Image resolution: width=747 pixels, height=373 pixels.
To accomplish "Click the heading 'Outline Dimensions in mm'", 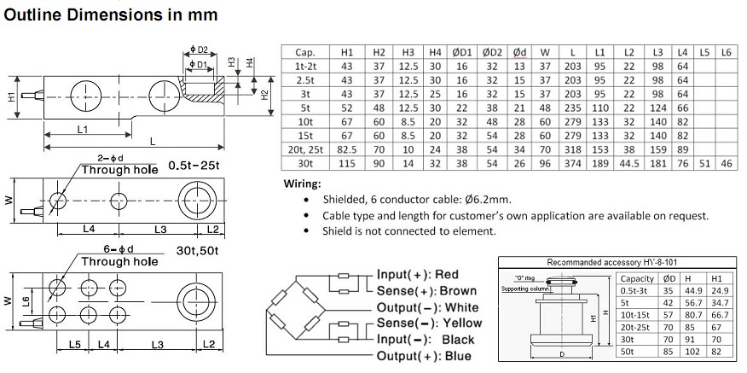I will point(112,15).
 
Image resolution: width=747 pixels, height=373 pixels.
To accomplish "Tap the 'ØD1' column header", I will point(462,52).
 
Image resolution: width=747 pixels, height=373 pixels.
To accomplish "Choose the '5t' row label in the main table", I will point(305,108).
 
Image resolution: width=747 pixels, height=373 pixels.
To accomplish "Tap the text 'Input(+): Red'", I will point(417,275).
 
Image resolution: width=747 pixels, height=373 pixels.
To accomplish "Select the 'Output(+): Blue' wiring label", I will point(424,355).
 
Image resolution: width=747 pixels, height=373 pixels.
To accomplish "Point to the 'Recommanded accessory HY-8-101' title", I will point(611,263).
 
